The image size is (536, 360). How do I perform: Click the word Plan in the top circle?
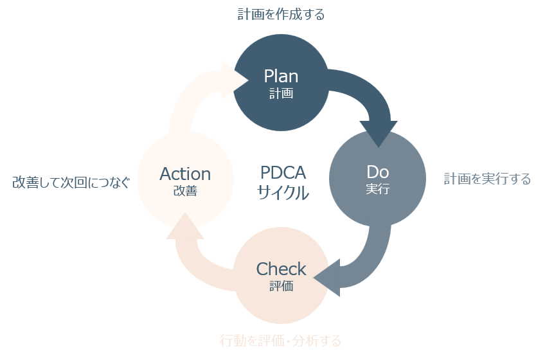281,76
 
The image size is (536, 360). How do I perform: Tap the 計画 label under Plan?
281,93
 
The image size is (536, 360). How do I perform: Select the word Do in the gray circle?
377,172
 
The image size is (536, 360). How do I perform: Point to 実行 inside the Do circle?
377,190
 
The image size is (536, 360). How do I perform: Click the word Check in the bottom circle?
281,269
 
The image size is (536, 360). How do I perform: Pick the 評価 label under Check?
281,286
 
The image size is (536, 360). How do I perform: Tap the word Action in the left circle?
185,174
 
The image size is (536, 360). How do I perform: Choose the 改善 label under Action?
185,191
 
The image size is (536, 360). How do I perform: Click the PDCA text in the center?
283,173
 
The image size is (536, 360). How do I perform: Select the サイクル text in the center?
283,192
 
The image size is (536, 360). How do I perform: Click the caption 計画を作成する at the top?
281,14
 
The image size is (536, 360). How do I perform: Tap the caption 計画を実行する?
487,179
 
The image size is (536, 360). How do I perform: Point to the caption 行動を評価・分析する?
280,341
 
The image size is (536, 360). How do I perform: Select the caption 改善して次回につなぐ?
71,183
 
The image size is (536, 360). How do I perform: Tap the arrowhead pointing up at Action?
185,228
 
